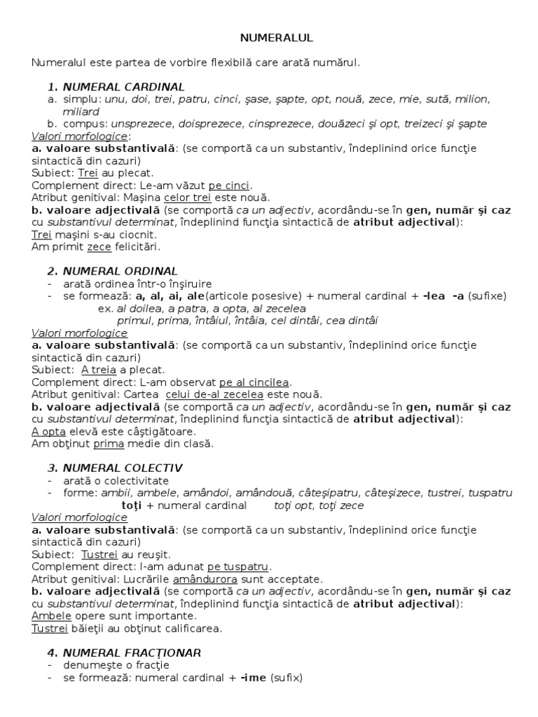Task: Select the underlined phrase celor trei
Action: click(x=187, y=197)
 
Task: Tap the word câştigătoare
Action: click(x=163, y=431)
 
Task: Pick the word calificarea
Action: click(x=190, y=628)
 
